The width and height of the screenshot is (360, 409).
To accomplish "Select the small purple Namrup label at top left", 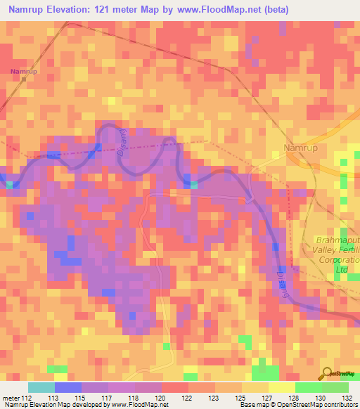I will pos(24,72).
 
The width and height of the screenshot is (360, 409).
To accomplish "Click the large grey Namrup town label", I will pos(302,148).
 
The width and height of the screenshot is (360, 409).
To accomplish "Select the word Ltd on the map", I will pos(342,269).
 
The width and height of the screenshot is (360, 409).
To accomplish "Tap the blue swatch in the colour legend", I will pos(68,387).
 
